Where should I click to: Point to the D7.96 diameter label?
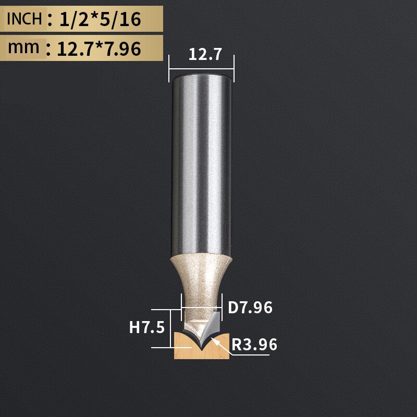pyautogui.click(x=250, y=308)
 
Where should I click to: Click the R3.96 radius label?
pyautogui.click(x=254, y=345)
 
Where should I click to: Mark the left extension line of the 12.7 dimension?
pyautogui.click(x=169, y=67)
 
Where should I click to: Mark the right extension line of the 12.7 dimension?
pyautogui.click(x=234, y=67)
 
